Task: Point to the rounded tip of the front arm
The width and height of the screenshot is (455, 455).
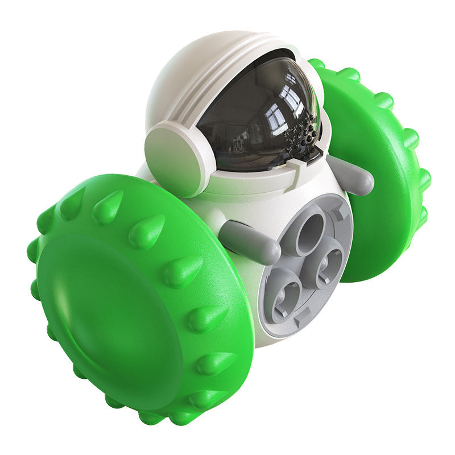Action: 270,253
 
